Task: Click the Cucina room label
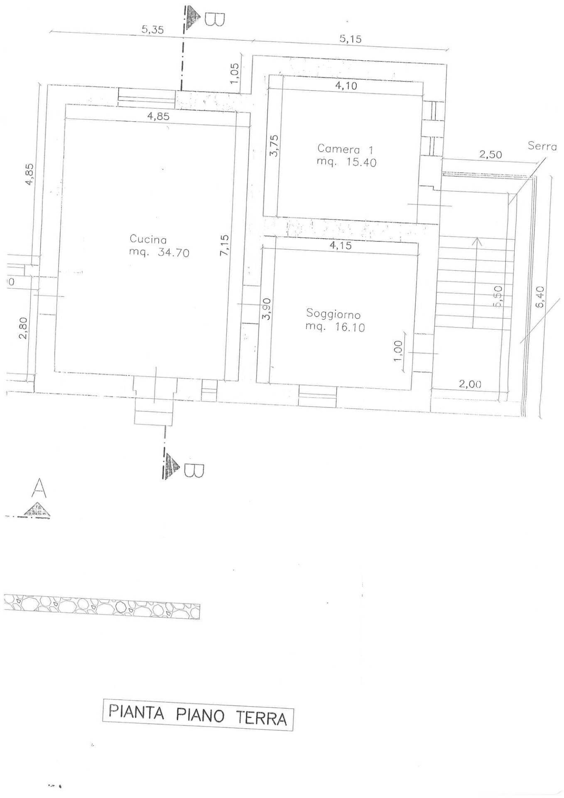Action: [x=148, y=240]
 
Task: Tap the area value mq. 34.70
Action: [x=159, y=252]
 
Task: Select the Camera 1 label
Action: [x=345, y=149]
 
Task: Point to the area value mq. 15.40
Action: [x=346, y=162]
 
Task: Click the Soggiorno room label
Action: [x=333, y=314]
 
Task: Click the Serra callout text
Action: [x=542, y=146]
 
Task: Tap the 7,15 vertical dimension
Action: [x=225, y=246]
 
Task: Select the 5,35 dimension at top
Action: [x=152, y=30]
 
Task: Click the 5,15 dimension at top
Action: [x=350, y=39]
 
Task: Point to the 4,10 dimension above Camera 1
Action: [x=346, y=87]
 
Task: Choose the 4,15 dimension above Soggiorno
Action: [x=340, y=246]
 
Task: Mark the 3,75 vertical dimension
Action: [x=274, y=145]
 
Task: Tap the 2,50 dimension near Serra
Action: [x=490, y=155]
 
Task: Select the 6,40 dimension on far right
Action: [x=539, y=297]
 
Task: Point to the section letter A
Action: [x=39, y=488]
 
